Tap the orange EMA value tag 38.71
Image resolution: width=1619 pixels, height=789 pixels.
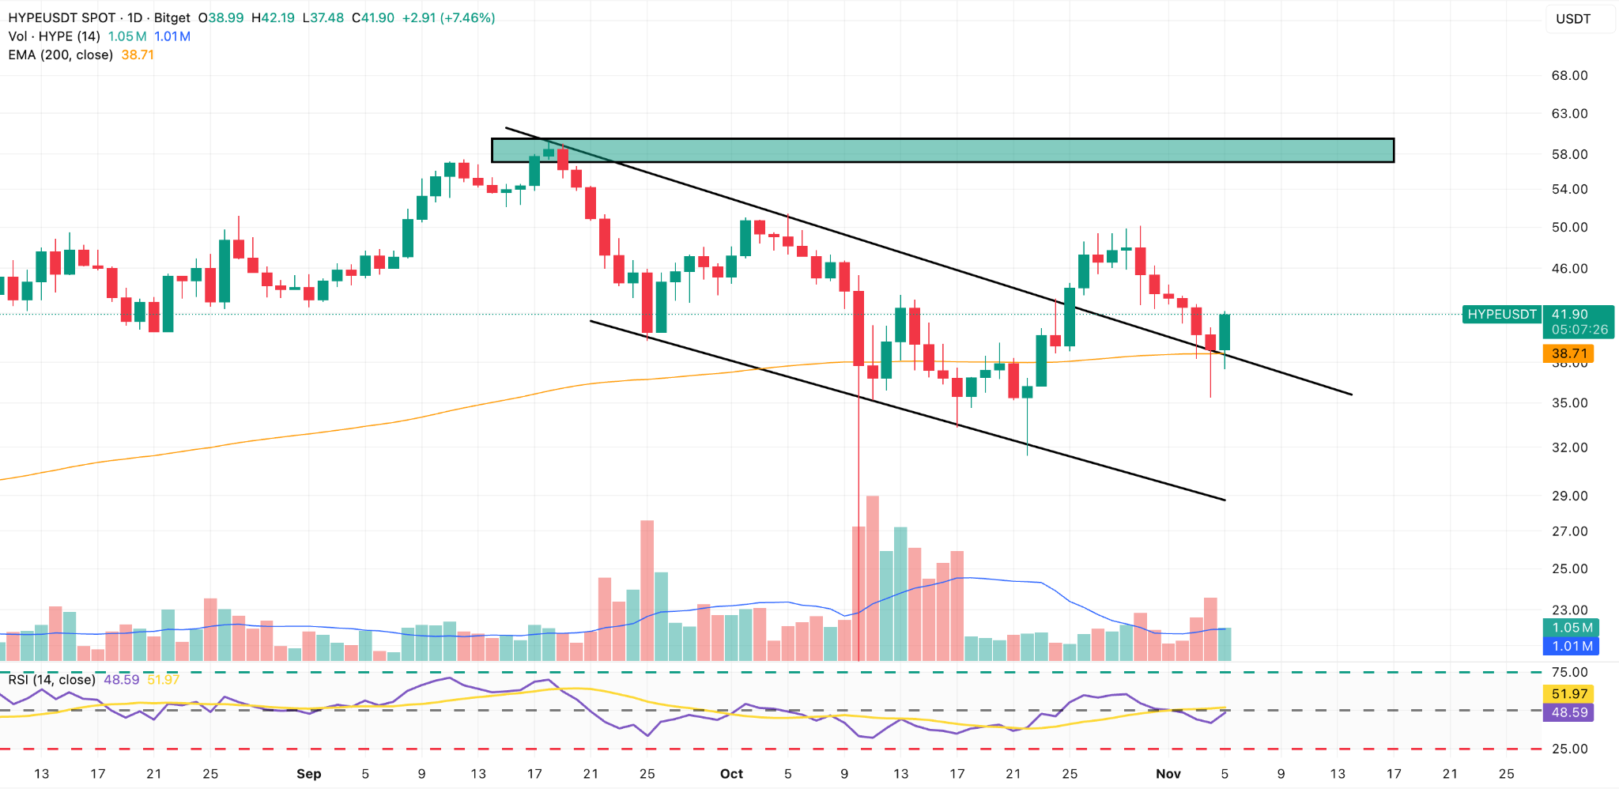[1568, 353]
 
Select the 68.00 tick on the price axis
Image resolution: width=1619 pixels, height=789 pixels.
[1569, 76]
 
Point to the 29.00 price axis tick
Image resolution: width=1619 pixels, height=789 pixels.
[1569, 496]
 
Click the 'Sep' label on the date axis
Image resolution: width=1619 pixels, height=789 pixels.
[308, 774]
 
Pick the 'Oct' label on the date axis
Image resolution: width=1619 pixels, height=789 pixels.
[731, 774]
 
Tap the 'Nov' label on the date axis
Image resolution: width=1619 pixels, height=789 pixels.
[1168, 774]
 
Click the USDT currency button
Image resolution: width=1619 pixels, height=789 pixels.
[1573, 19]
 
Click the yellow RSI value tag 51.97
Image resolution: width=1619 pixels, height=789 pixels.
[1568, 694]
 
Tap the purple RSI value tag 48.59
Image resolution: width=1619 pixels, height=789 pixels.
[1568, 712]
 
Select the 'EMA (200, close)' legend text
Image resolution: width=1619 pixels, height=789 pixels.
[61, 55]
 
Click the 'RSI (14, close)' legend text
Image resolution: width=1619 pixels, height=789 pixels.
[52, 680]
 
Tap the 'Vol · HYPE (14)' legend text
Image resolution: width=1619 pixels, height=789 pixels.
[54, 36]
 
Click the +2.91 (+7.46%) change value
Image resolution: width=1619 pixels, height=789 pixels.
[448, 17]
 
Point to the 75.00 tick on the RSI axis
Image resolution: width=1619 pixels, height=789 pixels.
[1569, 672]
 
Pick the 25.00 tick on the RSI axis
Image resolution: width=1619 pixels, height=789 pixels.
[1569, 749]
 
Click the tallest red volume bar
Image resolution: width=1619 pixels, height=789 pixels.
[873, 577]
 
